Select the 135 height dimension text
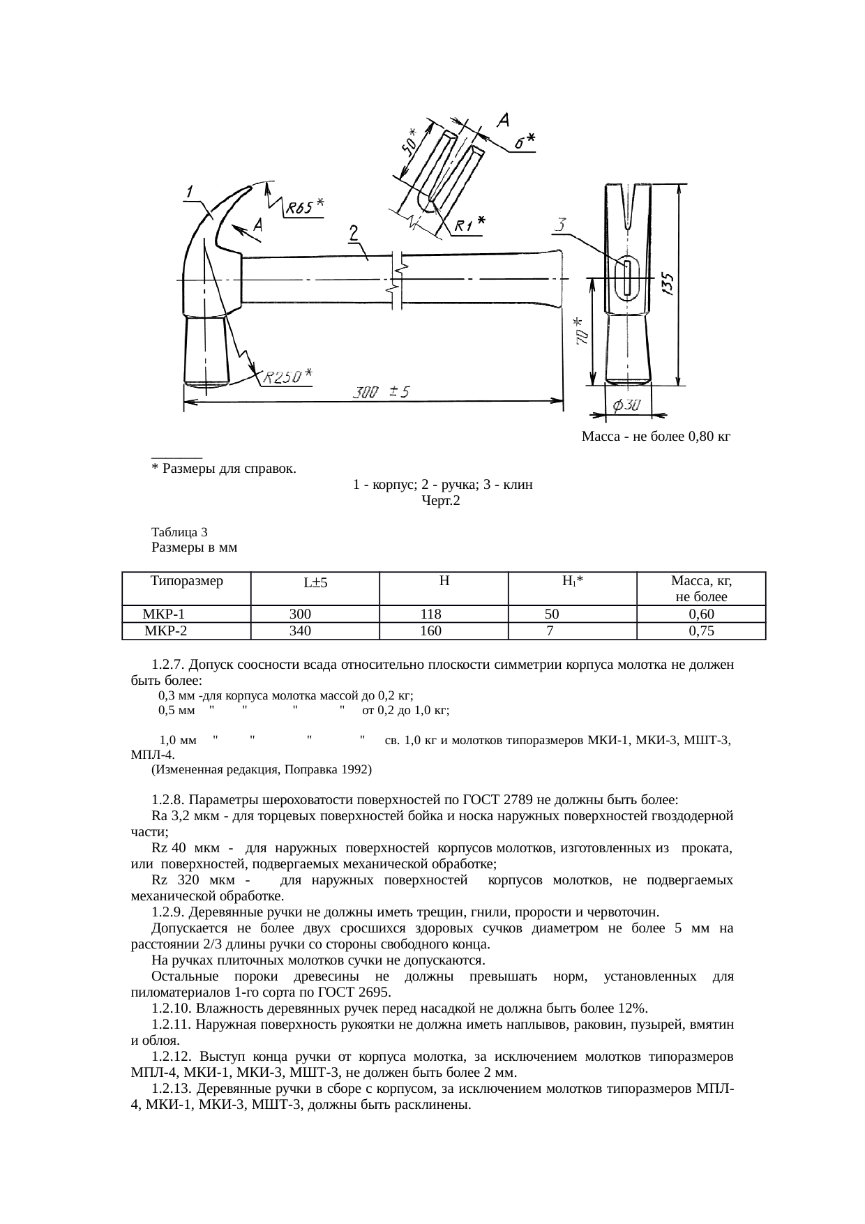668,285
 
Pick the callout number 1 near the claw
190,189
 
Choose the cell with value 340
300,631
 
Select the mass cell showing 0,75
700,631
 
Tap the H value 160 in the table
430,631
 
